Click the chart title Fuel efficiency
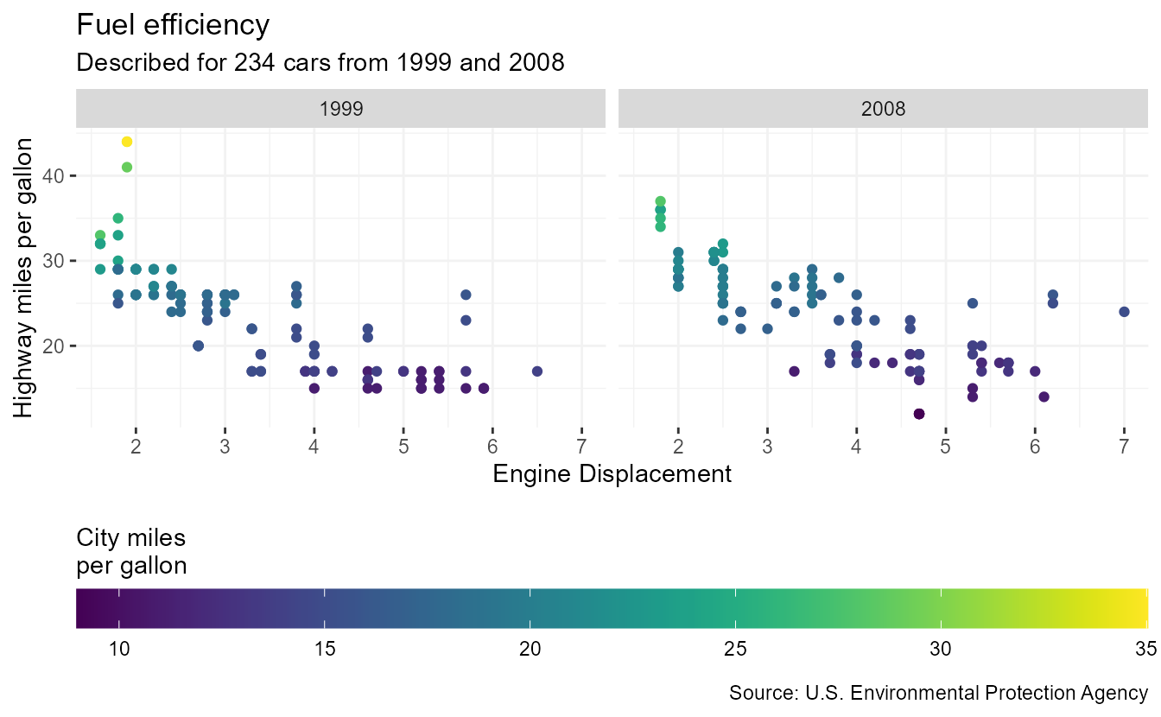[173, 25]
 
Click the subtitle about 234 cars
[320, 63]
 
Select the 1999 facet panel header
[341, 110]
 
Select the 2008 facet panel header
[884, 110]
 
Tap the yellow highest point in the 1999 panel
[127, 142]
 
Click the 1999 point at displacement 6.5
[537, 371]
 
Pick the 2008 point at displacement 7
[1124, 312]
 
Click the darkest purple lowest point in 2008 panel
[919, 414]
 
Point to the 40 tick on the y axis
[54, 175]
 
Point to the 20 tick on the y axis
[54, 346]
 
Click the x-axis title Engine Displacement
[612, 473]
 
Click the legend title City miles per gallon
[131, 551]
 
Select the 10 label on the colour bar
[119, 649]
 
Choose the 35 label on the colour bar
[1145, 649]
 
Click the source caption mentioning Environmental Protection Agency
[938, 693]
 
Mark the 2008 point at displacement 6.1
[1044, 397]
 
